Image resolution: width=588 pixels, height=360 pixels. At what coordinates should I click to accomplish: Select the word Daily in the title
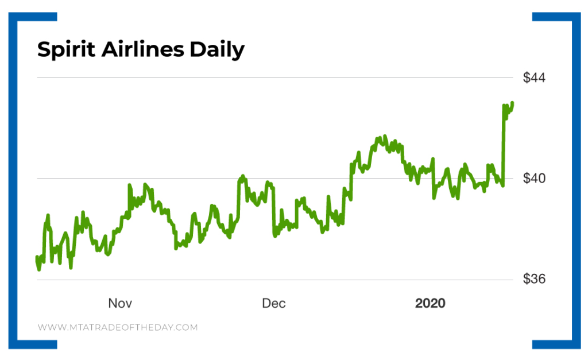click(218, 50)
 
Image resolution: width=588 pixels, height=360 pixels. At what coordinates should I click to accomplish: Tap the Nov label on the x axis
click(121, 303)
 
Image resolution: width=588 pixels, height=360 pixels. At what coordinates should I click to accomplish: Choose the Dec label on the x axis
click(274, 303)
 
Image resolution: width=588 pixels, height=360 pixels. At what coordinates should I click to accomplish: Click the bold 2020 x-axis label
click(430, 303)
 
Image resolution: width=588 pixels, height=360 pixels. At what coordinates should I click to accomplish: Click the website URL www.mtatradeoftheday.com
click(118, 327)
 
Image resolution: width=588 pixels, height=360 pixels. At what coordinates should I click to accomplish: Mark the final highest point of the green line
click(512, 103)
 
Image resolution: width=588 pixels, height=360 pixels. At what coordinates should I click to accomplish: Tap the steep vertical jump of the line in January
click(503, 144)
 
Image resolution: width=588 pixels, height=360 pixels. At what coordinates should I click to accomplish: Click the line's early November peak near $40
click(129, 185)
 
